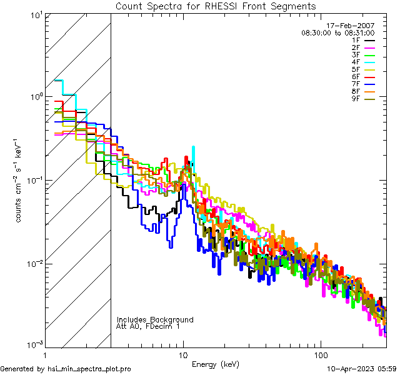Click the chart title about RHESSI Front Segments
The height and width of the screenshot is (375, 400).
click(x=216, y=6)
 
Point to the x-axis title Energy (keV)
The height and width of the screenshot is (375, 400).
click(x=215, y=364)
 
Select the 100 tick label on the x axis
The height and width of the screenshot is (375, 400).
click(x=321, y=355)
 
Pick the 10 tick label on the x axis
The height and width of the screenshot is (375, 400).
click(x=182, y=355)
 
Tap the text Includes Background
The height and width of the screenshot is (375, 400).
click(x=155, y=319)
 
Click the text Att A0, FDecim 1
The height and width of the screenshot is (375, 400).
click(x=147, y=326)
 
